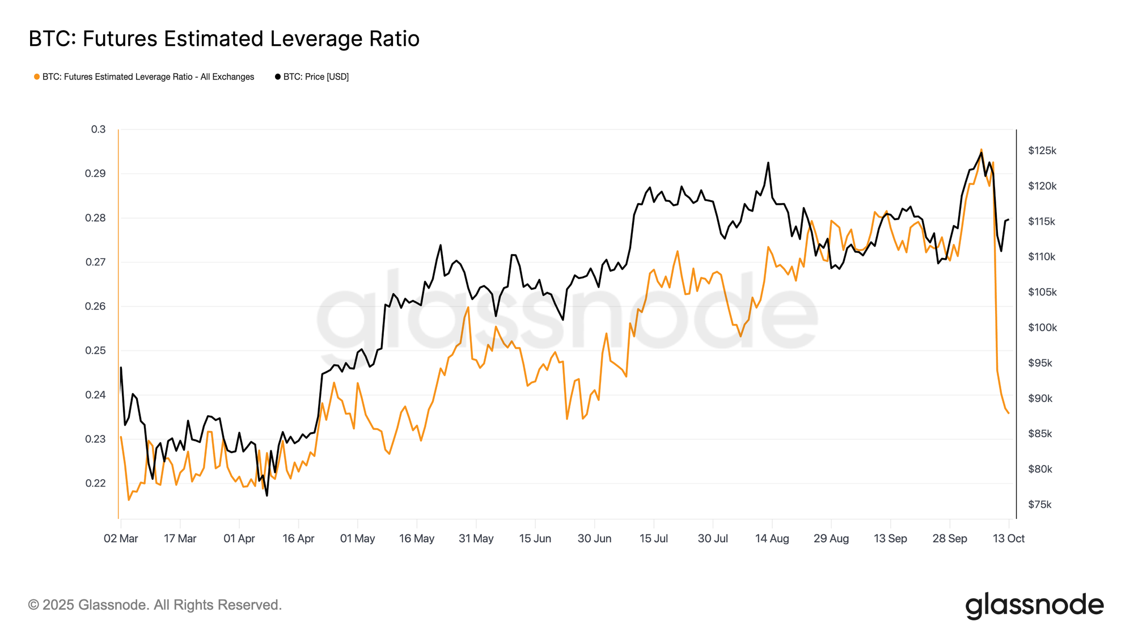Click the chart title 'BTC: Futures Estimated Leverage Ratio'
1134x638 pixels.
224,39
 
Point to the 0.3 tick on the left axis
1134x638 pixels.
98,129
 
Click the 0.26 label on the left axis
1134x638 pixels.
95,306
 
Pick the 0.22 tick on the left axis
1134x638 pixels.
95,483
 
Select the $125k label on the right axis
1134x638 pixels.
1042,151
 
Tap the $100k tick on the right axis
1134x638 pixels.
1042,328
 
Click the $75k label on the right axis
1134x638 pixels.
1040,505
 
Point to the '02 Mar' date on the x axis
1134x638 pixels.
121,538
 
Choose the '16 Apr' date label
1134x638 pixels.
298,538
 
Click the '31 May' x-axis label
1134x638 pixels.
476,538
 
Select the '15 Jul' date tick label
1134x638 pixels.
654,538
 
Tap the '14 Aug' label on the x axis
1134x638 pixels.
772,538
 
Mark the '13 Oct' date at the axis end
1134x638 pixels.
1009,538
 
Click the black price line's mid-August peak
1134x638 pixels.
768,163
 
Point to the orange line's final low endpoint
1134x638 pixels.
1009,413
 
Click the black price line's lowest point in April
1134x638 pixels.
267,496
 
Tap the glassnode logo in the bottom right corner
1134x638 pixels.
1034,605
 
